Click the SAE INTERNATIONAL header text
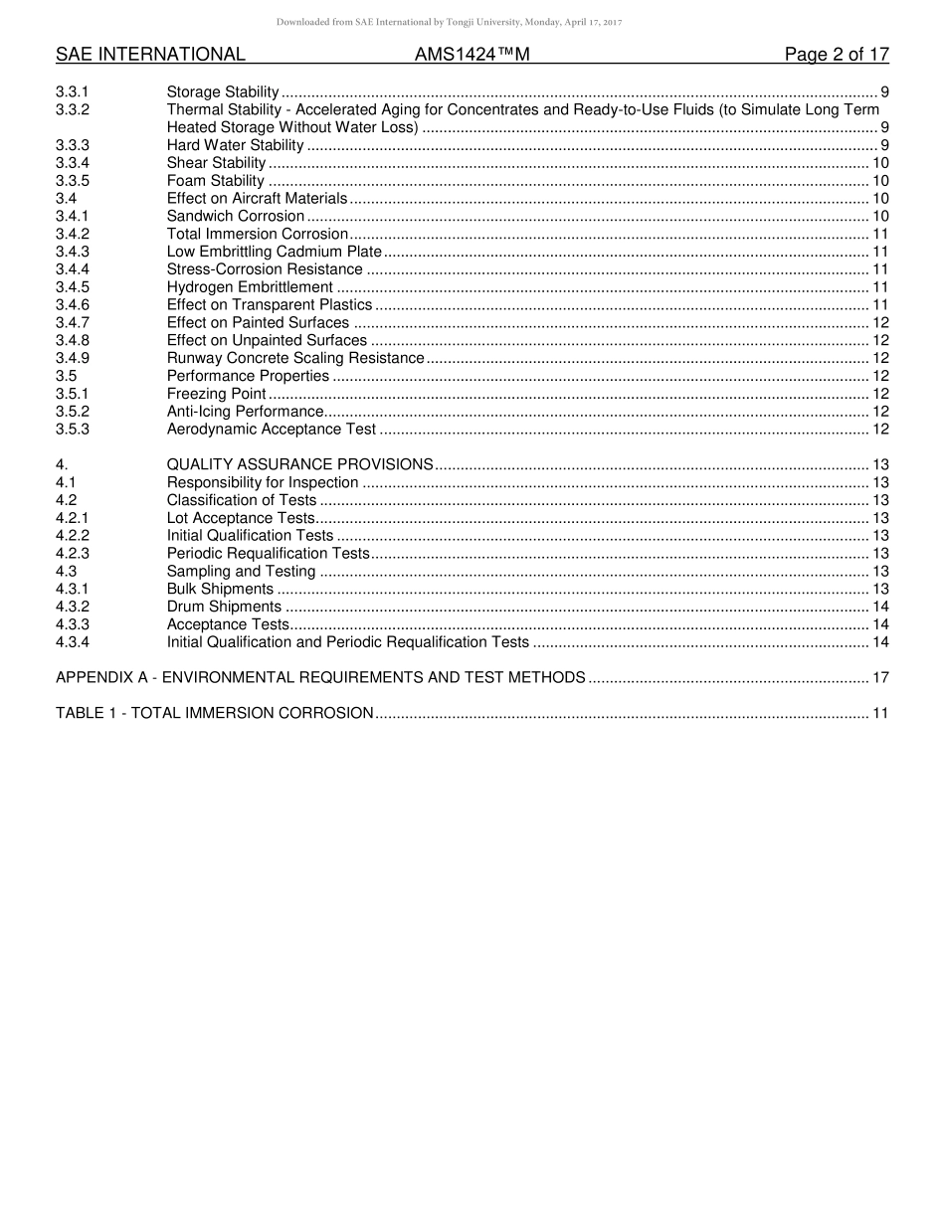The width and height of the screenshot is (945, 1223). [x=150, y=55]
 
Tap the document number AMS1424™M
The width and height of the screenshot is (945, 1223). [x=472, y=55]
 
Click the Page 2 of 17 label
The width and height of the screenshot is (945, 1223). [x=836, y=55]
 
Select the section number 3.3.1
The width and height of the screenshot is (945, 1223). [x=73, y=91]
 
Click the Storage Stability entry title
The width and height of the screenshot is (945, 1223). [x=223, y=91]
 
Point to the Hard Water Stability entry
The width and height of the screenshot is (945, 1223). [x=235, y=145]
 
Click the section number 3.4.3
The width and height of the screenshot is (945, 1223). [x=73, y=252]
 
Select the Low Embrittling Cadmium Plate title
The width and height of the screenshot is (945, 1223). [x=274, y=252]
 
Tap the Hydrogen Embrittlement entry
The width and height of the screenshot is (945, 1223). [x=250, y=287]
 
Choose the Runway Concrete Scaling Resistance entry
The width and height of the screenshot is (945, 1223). [x=295, y=358]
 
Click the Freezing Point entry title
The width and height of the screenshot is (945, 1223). [x=216, y=394]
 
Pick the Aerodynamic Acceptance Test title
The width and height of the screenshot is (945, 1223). [x=272, y=430]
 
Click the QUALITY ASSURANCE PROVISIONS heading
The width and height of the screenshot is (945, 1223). [x=299, y=464]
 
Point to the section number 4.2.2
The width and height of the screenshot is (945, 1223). [x=73, y=536]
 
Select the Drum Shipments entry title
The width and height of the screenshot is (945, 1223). [x=224, y=607]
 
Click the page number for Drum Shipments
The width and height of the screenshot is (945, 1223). [x=879, y=607]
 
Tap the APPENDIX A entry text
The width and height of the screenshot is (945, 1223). [x=320, y=677]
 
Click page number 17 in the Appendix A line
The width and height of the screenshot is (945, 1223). [x=879, y=677]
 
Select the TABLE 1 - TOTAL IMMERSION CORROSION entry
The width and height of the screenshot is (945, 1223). [x=215, y=713]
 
